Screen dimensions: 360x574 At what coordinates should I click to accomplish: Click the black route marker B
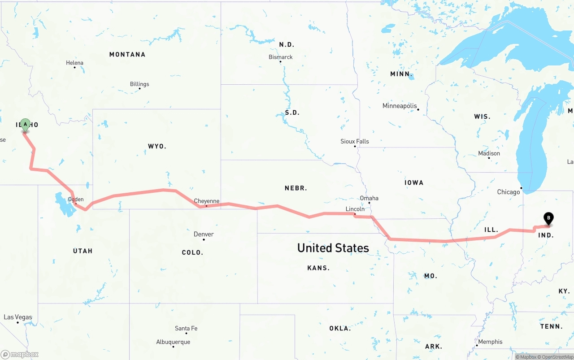548,218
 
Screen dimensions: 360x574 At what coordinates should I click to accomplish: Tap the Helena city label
74,63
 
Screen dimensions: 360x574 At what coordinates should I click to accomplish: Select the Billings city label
139,84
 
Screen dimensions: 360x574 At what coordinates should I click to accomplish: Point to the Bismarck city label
281,57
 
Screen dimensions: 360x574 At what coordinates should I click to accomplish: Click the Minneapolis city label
400,106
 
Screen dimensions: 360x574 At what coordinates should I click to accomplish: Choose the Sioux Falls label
355,141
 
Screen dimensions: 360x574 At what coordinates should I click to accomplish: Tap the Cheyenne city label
207,201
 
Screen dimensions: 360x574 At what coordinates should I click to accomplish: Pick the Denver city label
204,234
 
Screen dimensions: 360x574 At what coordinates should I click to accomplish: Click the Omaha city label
369,198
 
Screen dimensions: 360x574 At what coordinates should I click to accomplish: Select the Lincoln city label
355,209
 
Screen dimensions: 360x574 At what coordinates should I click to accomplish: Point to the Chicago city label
509,192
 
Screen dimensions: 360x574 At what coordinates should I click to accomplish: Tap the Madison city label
489,153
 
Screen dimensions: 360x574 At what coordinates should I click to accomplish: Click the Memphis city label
490,342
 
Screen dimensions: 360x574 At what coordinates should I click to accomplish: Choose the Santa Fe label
186,328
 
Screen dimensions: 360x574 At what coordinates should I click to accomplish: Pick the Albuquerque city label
173,342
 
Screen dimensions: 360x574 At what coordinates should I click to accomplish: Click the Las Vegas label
18,317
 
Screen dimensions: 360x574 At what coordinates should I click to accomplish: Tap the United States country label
333,248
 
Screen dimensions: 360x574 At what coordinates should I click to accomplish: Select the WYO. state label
157,146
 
